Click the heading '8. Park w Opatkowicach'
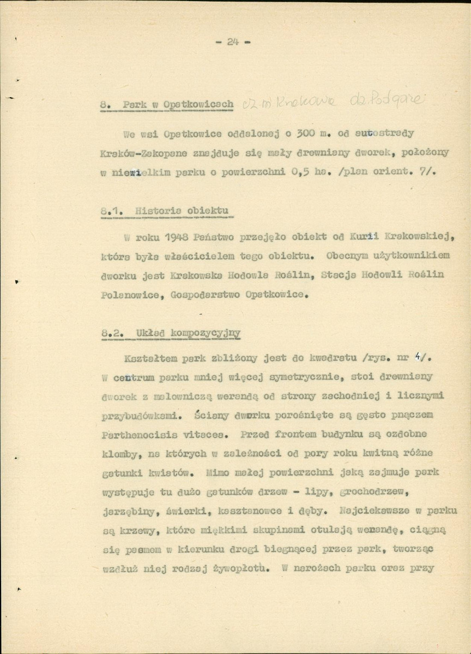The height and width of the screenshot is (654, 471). tap(167, 104)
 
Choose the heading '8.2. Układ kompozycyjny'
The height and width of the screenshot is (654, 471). tap(171, 333)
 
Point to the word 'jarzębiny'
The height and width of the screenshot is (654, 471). tap(128, 513)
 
